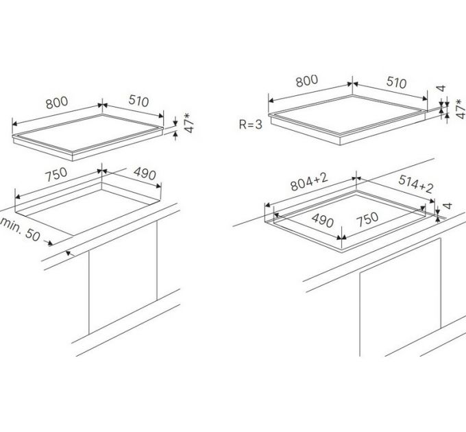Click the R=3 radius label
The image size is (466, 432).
(251, 124)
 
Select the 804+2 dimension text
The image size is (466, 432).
(309, 182)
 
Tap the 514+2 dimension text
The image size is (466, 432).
(416, 184)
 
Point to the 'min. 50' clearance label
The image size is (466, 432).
(20, 229)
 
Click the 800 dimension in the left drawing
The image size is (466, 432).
(57, 103)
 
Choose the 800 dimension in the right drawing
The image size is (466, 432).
(307, 81)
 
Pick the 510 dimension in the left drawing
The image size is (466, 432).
(138, 101)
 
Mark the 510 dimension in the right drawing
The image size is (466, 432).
(397, 82)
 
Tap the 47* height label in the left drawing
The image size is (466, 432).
(188, 123)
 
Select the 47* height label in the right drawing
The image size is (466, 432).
(460, 109)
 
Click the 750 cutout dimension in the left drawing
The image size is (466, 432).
(56, 175)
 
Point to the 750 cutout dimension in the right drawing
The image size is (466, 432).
(367, 219)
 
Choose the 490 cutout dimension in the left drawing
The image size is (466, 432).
(145, 173)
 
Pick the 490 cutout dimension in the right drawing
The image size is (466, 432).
(323, 220)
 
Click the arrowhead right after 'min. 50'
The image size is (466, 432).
(51, 243)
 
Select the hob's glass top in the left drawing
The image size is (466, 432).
(88, 132)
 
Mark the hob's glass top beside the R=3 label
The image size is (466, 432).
(347, 115)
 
